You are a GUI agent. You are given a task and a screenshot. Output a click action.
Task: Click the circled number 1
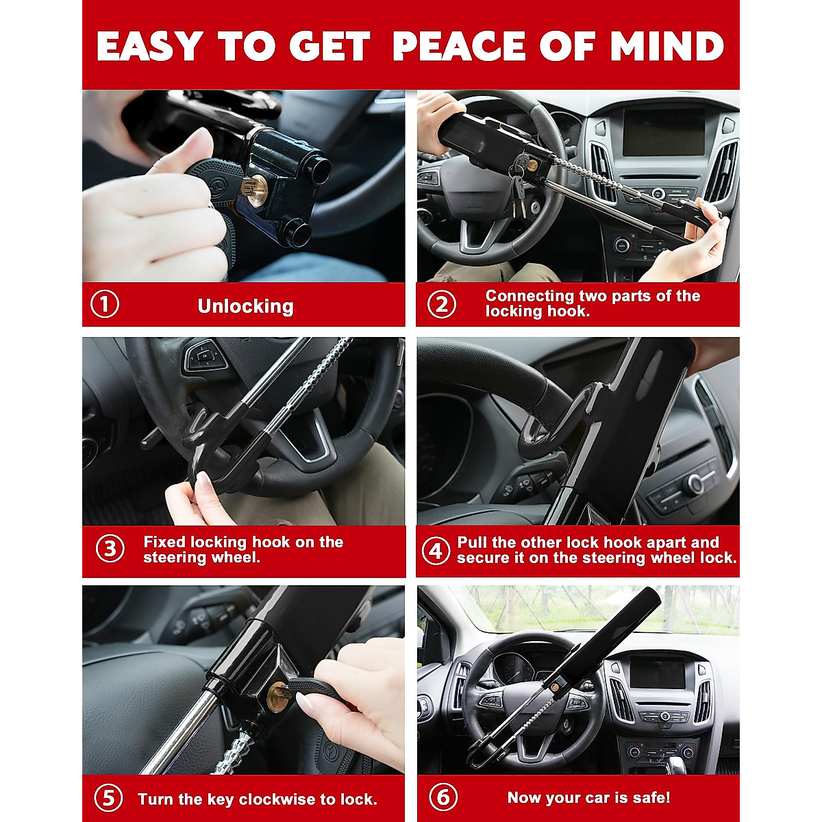click(105, 304)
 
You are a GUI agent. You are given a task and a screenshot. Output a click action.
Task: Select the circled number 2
click(441, 304)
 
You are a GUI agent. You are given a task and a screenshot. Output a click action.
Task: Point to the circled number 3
click(110, 549)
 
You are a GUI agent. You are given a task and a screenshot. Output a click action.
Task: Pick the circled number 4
click(436, 549)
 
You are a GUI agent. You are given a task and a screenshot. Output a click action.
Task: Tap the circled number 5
click(108, 799)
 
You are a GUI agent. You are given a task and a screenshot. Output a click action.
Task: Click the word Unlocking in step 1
click(245, 306)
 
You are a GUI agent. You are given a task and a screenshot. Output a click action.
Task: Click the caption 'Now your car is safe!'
click(588, 798)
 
